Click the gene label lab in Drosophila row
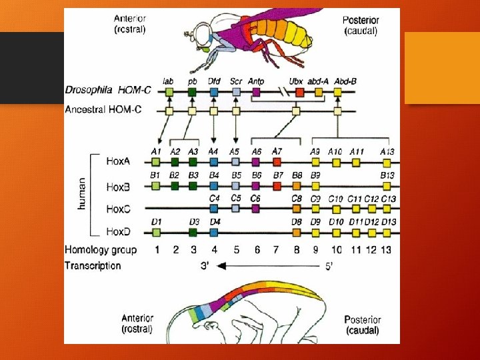pyautogui.click(x=169, y=81)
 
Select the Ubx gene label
pyautogui.click(x=296, y=81)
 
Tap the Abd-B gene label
pyautogui.click(x=345, y=81)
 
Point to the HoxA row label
pyautogui.click(x=119, y=161)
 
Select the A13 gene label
pyautogui.click(x=387, y=152)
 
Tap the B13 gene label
pyautogui.click(x=387, y=175)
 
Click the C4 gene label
pyautogui.click(x=214, y=199)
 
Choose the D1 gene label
pyautogui.click(x=156, y=222)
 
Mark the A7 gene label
pyautogui.click(x=277, y=151)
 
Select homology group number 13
pyautogui.click(x=389, y=250)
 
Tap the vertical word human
pyautogui.click(x=82, y=194)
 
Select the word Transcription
pyautogui.click(x=93, y=266)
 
